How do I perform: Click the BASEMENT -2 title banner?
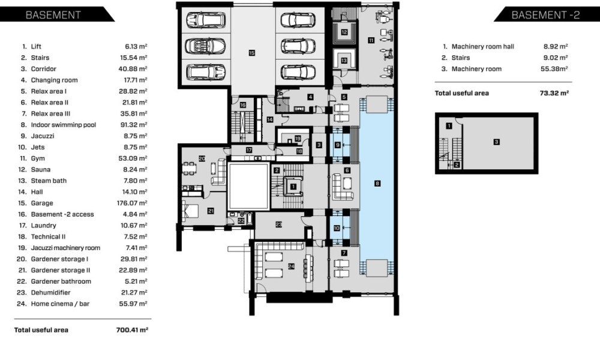pos(547,14)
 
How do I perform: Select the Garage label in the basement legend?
pos(42,203)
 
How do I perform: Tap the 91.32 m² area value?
pos(134,125)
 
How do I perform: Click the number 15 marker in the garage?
pos(251,53)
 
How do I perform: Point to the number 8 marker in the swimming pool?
pos(377,184)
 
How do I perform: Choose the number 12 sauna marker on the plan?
pos(344,32)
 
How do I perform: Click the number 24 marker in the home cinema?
pos(291,266)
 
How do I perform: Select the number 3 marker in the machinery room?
pos(496,142)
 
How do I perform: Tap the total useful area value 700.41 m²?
pos(132,330)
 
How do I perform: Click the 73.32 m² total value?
pos(554,93)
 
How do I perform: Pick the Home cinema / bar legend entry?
pos(60,304)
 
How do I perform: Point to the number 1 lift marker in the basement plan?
pos(293,187)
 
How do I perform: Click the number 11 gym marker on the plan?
pos(371,40)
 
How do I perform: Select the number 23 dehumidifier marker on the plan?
pos(278,224)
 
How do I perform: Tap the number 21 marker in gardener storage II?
pos(211,211)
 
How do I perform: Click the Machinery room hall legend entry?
pos(483,47)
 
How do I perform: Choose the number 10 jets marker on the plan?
pos(337,228)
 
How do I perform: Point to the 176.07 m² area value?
pos(132,203)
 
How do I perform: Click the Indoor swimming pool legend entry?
pos(64,125)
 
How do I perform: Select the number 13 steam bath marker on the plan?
pos(344,61)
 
